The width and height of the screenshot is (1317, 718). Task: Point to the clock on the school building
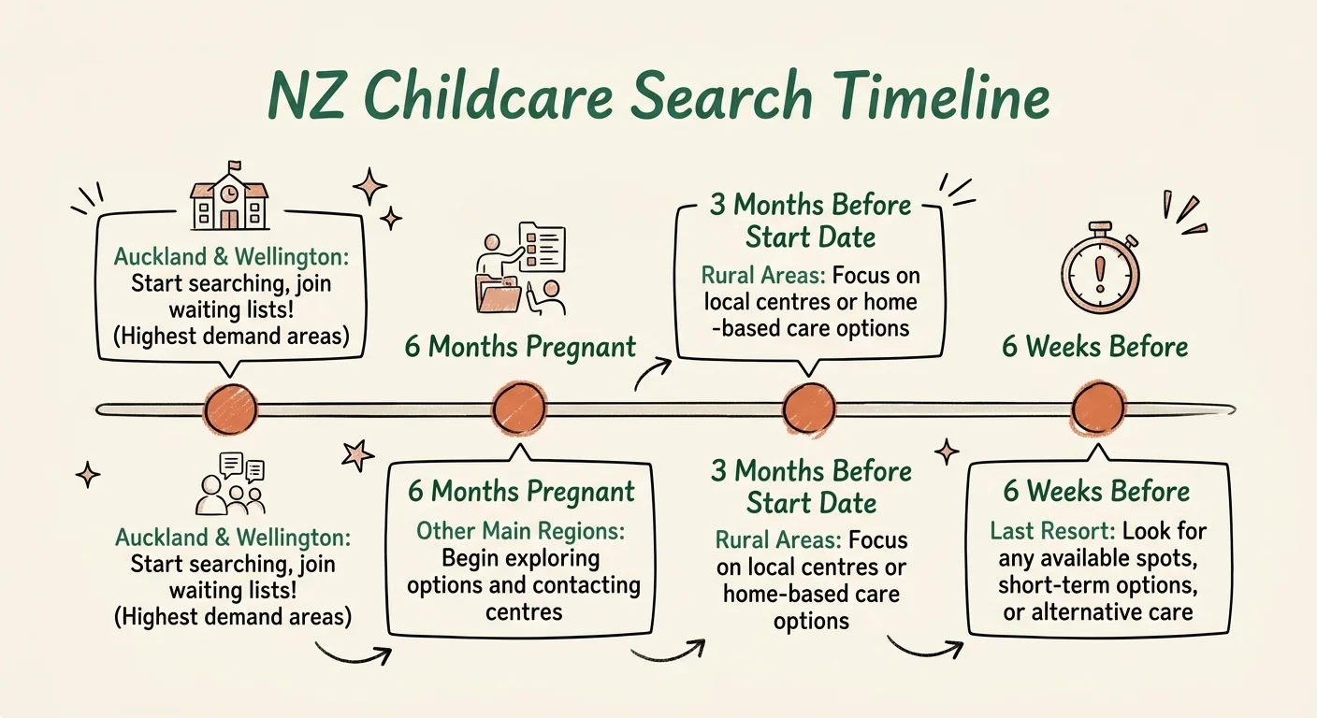coord(229,191)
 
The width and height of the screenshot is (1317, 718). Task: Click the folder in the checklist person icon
coord(498,294)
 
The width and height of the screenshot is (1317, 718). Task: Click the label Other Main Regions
coord(520,532)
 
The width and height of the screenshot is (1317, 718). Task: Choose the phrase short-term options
coord(1097,585)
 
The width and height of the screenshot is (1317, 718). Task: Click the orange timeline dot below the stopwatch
coord(1098,409)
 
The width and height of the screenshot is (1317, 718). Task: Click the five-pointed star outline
coord(355,455)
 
